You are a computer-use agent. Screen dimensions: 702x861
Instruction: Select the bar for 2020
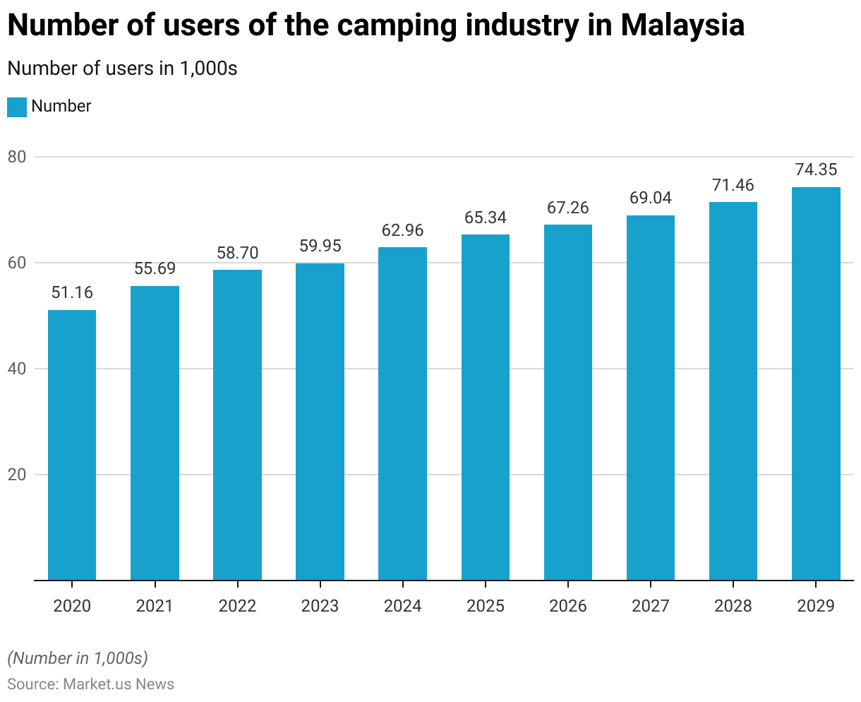point(72,445)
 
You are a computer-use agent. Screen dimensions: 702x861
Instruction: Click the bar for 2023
point(320,422)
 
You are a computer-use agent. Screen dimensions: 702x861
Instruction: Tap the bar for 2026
point(568,403)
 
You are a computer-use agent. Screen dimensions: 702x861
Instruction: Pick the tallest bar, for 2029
point(816,383)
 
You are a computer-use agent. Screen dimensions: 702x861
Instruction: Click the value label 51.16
point(72,292)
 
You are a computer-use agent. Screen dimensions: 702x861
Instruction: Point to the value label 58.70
point(237,253)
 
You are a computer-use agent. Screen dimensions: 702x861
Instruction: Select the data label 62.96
point(402,230)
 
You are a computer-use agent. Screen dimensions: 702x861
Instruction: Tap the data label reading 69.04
point(651,198)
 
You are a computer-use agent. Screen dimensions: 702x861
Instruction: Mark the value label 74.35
point(816,169)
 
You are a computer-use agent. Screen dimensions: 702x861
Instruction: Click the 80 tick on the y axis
point(17,157)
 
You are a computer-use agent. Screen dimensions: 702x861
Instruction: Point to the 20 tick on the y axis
point(17,475)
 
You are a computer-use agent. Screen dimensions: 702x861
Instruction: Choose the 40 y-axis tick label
point(17,369)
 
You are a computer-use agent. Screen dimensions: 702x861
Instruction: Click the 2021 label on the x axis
point(155,606)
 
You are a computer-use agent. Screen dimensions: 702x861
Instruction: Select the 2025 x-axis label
point(486,606)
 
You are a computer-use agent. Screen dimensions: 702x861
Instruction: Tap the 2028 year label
point(733,606)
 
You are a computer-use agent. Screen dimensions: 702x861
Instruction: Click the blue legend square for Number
point(17,107)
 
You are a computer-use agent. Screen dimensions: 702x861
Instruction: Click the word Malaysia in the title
point(682,25)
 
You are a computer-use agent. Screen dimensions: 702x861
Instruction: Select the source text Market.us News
point(119,684)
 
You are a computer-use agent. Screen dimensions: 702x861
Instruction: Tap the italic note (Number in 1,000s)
point(78,658)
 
